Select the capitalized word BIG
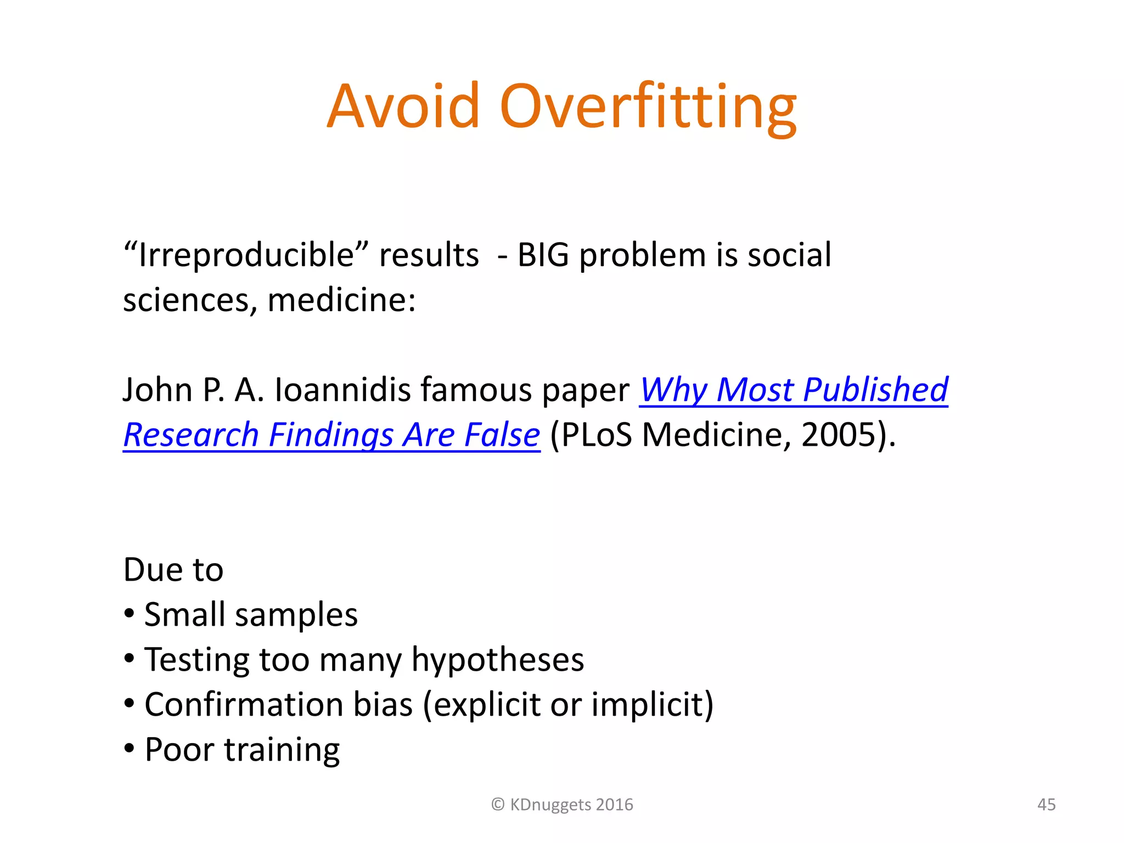click(543, 256)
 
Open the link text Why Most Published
click(794, 390)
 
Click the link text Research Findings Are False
click(331, 435)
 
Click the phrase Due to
click(173, 570)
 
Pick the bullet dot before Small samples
click(130, 614)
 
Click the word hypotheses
click(497, 660)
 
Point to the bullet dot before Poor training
click(130, 748)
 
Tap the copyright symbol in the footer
click(498, 805)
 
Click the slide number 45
click(1046, 805)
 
